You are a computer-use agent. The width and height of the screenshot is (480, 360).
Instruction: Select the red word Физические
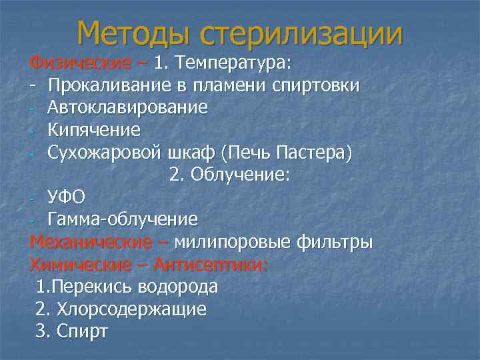click(x=80, y=63)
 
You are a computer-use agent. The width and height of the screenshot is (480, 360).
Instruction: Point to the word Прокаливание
click(x=113, y=85)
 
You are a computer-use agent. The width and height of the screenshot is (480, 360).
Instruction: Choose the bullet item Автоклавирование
click(x=127, y=107)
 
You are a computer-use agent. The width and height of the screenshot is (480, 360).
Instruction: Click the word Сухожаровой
click(x=104, y=152)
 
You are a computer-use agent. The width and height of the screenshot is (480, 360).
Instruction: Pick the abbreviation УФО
click(x=67, y=197)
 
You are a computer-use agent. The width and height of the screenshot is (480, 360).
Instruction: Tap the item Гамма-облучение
click(x=123, y=219)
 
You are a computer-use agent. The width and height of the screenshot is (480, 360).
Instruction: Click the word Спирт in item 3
click(x=83, y=331)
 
